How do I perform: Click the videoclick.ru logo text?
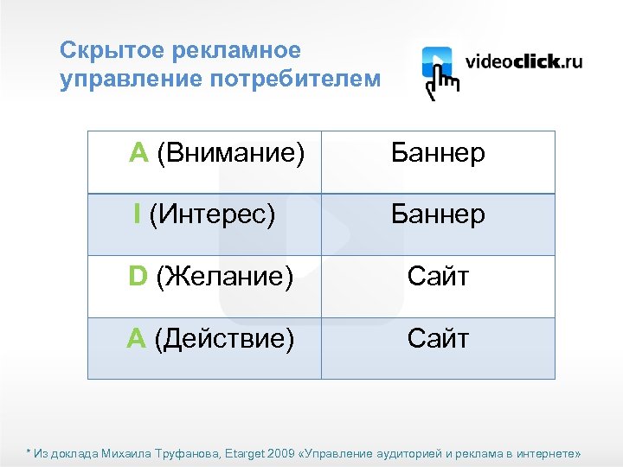[x=524, y=62]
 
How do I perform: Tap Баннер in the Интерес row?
[x=438, y=214]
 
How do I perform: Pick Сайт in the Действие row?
[x=438, y=338]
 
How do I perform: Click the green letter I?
[x=138, y=214]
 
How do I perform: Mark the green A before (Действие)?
[x=136, y=338]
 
